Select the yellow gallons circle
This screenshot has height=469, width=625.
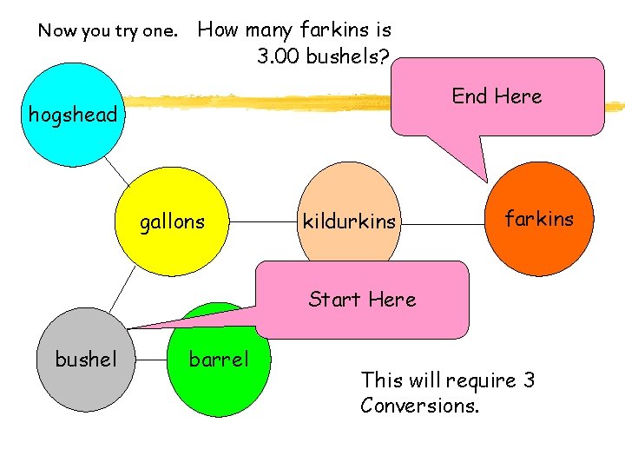[172, 222]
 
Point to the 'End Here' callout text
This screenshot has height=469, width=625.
[497, 96]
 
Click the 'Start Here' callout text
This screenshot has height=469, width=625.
[362, 300]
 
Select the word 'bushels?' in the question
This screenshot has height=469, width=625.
[352, 57]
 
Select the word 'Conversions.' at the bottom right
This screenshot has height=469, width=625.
[419, 406]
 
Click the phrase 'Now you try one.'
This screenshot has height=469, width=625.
[108, 31]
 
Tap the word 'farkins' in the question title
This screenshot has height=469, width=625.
[333, 30]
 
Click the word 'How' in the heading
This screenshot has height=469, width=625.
[218, 30]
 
